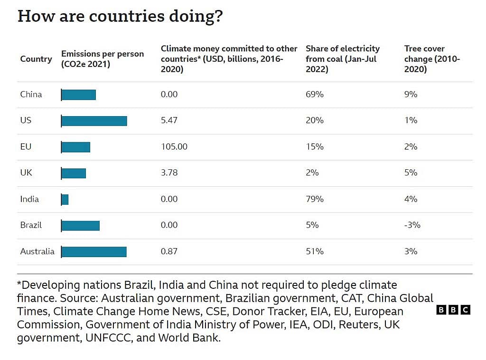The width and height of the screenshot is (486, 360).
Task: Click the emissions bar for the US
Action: [x=94, y=121]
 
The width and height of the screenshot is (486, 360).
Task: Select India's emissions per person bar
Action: [x=65, y=200]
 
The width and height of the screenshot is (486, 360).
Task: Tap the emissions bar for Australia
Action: [x=94, y=252]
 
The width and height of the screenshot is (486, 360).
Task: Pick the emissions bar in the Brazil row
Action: [x=80, y=226]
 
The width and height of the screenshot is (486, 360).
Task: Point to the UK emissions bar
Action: [x=74, y=173]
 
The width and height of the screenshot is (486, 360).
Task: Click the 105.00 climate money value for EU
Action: [x=174, y=147]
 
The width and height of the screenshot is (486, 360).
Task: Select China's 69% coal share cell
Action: [x=315, y=94]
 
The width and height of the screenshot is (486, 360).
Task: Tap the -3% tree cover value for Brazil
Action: [x=412, y=225]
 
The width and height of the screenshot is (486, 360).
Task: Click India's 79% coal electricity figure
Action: [x=315, y=199]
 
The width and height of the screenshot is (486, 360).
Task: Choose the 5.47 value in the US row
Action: [x=169, y=120]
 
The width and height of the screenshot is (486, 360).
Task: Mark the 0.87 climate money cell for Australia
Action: [x=169, y=251]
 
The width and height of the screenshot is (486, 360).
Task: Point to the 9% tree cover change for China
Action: [x=411, y=94]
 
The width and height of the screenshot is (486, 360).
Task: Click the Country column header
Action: [x=36, y=59]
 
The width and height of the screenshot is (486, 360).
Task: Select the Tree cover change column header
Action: [x=432, y=59]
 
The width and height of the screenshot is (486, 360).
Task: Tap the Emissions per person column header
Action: [x=103, y=59]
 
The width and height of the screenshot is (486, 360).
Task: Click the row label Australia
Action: [x=37, y=251]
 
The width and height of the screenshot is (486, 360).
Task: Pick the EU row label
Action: [x=26, y=147]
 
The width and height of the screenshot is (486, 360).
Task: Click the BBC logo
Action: [x=453, y=310]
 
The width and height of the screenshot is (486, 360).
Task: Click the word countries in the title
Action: [x=127, y=16]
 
